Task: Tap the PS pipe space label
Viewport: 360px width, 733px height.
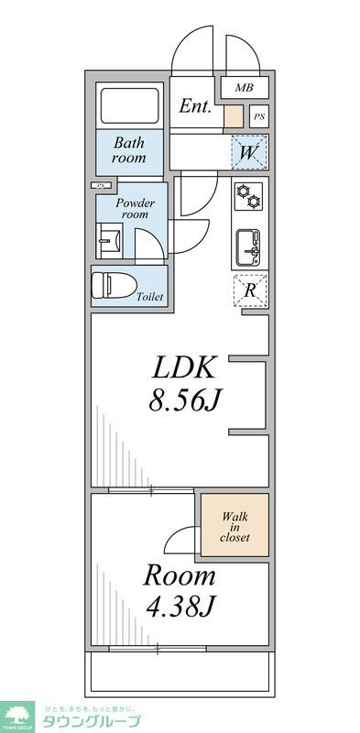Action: (x=259, y=116)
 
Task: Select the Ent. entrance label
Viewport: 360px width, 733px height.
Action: (x=195, y=106)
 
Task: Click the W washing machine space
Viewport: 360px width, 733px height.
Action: (x=249, y=152)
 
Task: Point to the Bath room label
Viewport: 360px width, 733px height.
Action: (x=129, y=150)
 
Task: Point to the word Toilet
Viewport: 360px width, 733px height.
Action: (x=150, y=297)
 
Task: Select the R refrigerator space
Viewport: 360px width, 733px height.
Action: (x=249, y=290)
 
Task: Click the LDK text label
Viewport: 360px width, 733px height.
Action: (x=183, y=368)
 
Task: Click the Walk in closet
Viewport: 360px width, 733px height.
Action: (x=235, y=526)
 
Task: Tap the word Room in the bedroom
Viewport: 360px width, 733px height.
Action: (x=179, y=576)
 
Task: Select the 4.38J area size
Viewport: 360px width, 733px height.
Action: (x=179, y=607)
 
